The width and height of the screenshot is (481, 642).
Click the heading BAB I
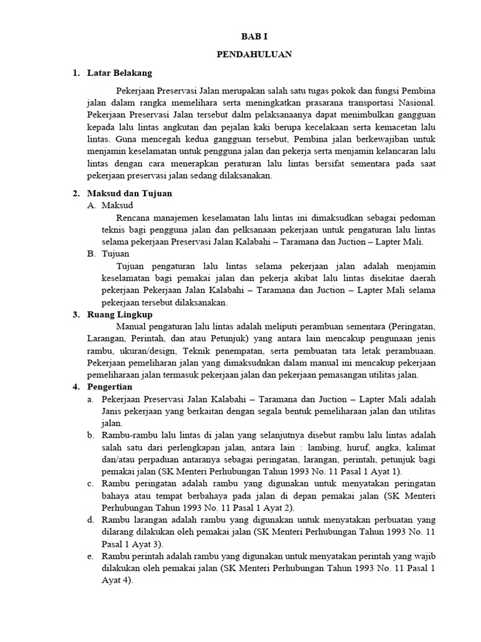(x=254, y=37)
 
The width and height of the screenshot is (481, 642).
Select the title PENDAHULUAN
(x=254, y=55)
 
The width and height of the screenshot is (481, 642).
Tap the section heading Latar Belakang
(x=119, y=73)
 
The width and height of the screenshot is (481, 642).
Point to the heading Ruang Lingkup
(x=120, y=314)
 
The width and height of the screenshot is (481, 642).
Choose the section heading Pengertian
(x=110, y=387)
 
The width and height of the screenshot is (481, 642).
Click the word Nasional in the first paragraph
(x=416, y=103)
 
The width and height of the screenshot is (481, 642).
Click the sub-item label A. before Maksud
(x=92, y=205)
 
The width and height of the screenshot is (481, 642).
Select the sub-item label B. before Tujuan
(x=92, y=253)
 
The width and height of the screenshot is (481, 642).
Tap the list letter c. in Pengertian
(x=91, y=483)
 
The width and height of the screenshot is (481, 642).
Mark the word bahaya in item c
(x=116, y=495)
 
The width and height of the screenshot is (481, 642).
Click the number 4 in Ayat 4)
(x=127, y=580)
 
